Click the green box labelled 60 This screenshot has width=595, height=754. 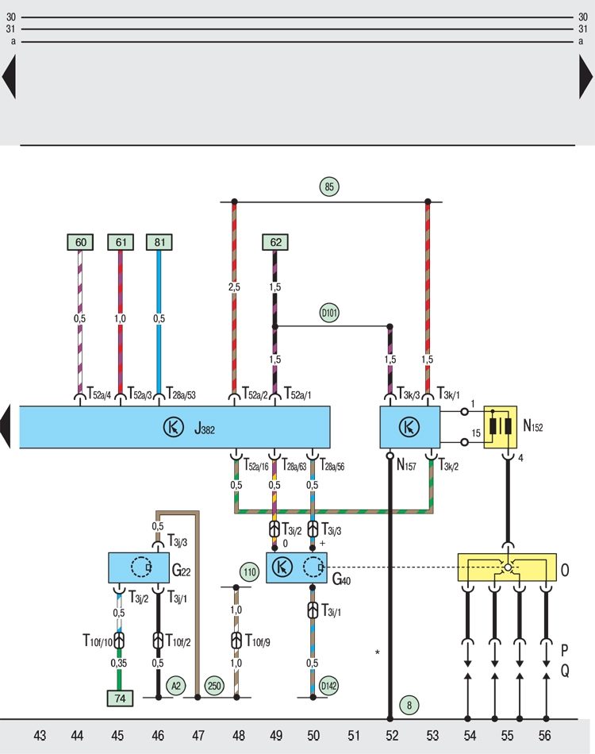[80, 242]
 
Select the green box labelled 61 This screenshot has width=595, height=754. [120, 242]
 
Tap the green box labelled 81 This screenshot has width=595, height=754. [159, 242]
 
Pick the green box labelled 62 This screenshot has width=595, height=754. [275, 242]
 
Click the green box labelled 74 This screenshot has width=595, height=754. [120, 698]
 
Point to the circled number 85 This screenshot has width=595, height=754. [329, 187]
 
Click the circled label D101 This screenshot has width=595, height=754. [329, 313]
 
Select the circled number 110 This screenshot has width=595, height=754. [249, 572]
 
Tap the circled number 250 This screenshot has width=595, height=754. [214, 686]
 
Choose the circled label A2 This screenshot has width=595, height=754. [176, 686]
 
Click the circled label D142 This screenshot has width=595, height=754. [328, 686]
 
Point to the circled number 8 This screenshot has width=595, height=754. [409, 705]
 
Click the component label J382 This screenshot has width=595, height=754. [204, 429]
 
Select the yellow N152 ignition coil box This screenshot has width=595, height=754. [501, 428]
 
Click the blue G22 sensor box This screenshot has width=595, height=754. [138, 568]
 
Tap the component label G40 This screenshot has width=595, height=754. [341, 579]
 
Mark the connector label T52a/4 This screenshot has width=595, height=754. [99, 394]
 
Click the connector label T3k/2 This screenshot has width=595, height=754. [448, 465]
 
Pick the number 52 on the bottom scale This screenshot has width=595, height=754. [392, 735]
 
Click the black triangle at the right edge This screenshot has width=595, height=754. [585, 76]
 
